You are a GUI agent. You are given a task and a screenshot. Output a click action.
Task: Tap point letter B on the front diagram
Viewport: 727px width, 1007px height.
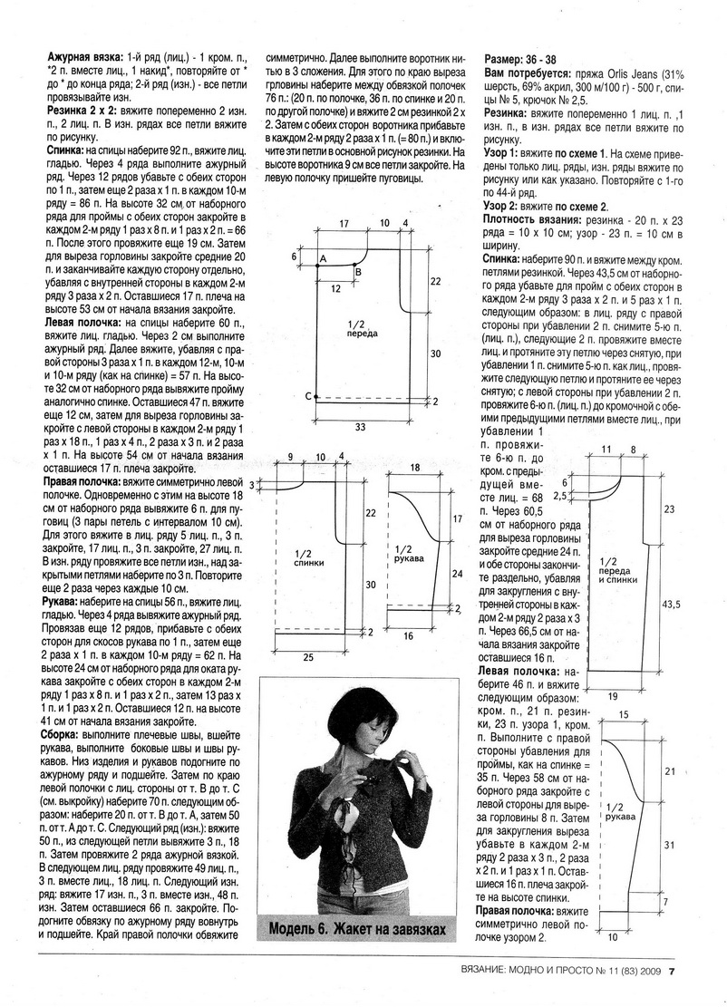(x=357, y=272)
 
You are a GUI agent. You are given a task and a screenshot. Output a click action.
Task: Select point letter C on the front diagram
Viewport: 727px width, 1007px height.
(x=309, y=396)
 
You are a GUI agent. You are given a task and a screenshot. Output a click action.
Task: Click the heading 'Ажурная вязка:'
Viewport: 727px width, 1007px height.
(x=81, y=56)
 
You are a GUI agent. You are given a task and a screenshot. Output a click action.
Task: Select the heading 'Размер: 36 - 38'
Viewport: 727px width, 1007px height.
(x=525, y=57)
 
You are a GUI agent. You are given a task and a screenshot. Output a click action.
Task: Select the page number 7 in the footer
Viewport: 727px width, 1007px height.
(x=672, y=974)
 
